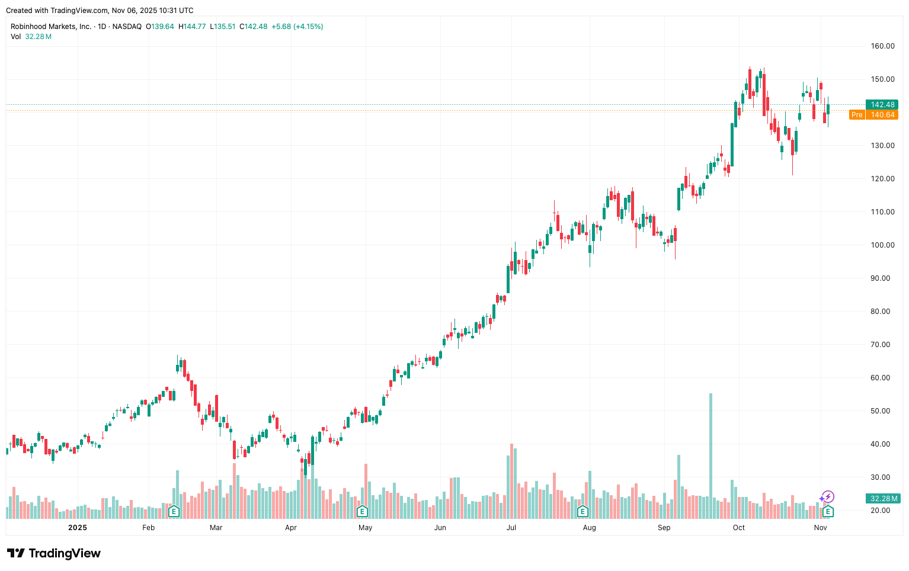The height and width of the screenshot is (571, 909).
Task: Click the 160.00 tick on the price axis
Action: [x=882, y=46]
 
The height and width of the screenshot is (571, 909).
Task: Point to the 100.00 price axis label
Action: [x=882, y=245]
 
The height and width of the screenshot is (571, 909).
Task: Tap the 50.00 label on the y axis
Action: [x=882, y=411]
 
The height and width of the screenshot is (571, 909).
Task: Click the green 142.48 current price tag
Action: [x=882, y=105]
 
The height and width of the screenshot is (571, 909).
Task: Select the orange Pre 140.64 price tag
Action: [x=874, y=115]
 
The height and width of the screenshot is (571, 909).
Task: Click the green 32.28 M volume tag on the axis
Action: [x=882, y=499]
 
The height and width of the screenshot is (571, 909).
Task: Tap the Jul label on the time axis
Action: [x=511, y=528]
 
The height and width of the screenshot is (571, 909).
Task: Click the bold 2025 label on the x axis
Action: [x=77, y=528]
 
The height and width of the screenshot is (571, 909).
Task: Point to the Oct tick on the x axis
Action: [x=738, y=528]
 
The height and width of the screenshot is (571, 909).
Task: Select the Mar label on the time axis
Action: [x=216, y=528]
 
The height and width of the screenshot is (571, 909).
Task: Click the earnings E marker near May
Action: [x=361, y=511]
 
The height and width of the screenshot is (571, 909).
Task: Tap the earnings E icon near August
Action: [x=582, y=511]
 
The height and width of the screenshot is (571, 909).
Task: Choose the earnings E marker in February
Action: [x=174, y=511]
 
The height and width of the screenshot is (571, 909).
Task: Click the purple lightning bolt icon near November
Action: [x=827, y=497]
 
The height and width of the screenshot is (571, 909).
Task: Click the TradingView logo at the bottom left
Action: [x=54, y=553]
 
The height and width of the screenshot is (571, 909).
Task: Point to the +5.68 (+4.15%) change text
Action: [x=297, y=27]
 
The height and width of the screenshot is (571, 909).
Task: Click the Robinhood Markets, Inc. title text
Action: [x=51, y=27]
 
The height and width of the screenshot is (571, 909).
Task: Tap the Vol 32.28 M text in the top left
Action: [x=31, y=37]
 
